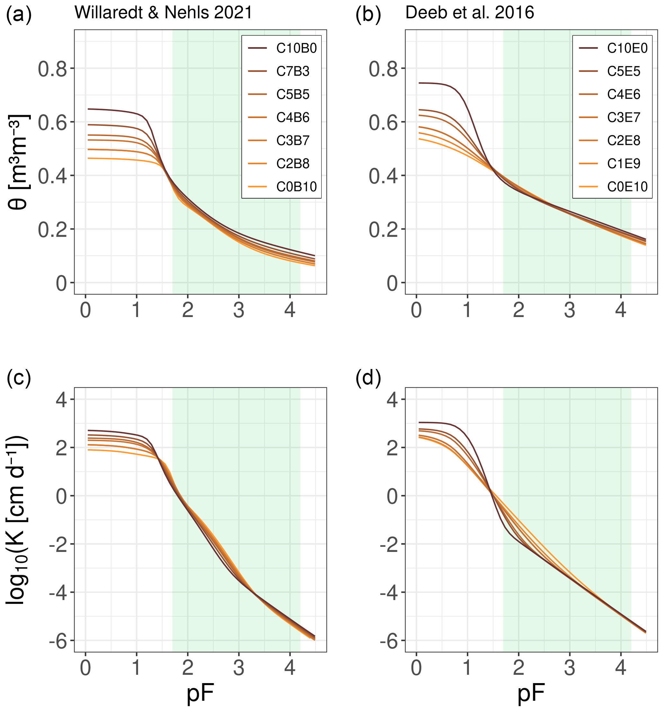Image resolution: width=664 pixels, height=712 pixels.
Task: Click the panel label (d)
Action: click(368, 378)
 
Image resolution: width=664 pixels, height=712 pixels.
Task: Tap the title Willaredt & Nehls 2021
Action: click(163, 13)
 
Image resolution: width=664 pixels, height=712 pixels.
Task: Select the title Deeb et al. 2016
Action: click(469, 13)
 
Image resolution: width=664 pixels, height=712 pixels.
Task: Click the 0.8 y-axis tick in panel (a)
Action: click(52, 69)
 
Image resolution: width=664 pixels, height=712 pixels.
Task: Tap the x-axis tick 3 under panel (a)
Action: click(239, 310)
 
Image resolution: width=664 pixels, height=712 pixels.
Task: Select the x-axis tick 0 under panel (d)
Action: click(416, 668)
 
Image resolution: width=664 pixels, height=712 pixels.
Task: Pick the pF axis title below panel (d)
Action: click(531, 694)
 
